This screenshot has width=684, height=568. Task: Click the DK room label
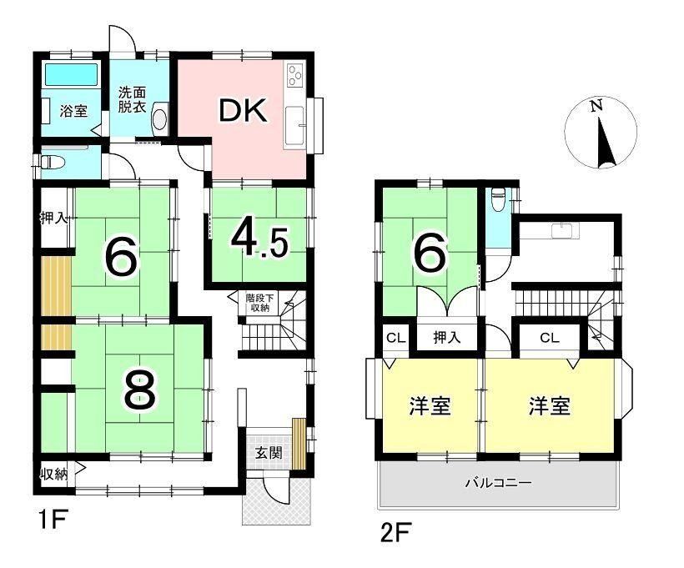pos(243,111)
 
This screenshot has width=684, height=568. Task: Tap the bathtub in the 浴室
pos(72,74)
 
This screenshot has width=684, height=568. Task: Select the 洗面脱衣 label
pos(133,100)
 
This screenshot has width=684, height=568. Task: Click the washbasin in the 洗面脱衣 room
pos(159,118)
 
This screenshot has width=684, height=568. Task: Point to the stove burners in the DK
pos(294,75)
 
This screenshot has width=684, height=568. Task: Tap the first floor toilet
pos(52,163)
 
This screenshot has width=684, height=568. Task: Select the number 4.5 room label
pos(259,242)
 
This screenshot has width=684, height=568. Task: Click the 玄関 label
pos(269,453)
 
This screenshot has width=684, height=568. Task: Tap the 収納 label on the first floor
pos(54,474)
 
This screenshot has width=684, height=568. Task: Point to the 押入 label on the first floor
pos(54,217)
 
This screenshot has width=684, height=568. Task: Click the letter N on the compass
pos(596,106)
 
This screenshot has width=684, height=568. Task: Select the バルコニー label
pos(499,483)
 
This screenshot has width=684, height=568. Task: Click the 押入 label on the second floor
pos(447,337)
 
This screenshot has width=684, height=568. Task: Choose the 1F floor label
pos(53,519)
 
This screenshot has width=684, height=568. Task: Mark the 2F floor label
pos(395,532)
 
